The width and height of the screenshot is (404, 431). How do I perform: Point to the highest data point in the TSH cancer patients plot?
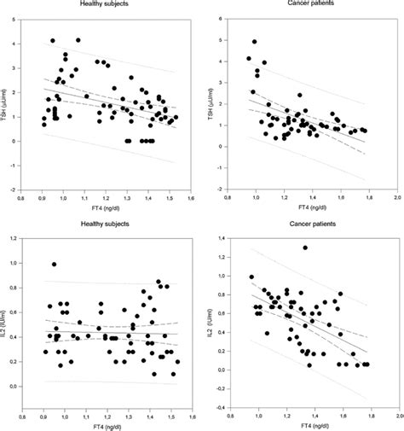254,42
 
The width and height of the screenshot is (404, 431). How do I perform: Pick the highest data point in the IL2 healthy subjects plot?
55,265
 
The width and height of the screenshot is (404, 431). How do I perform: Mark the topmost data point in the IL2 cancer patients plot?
304,248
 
